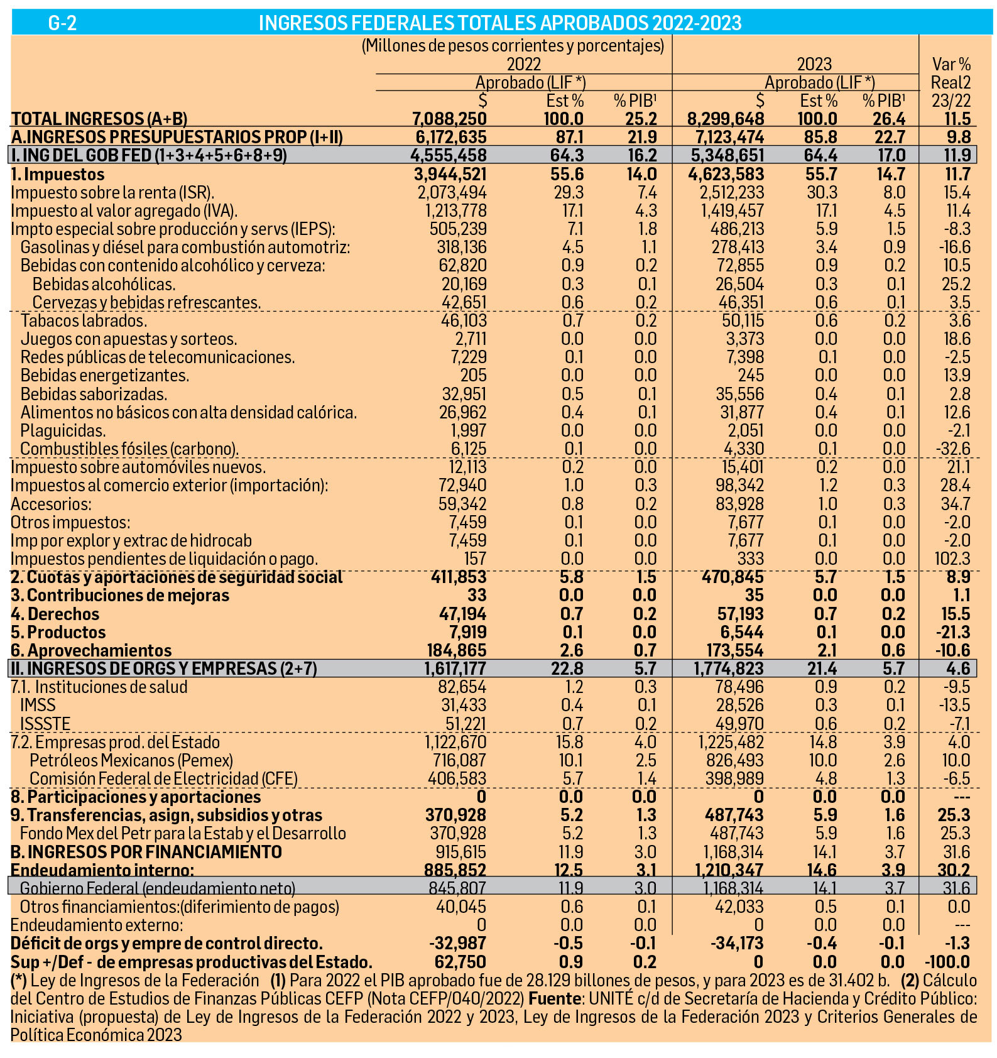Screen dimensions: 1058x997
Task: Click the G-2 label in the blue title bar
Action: [62, 23]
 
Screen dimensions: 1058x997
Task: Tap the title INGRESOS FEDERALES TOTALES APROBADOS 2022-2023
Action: [500, 23]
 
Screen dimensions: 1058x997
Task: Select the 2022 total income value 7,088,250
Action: [449, 119]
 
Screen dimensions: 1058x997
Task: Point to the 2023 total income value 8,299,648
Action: [726, 119]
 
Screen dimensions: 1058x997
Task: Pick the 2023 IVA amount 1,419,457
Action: [733, 210]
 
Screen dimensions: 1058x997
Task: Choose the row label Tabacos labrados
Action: [84, 320]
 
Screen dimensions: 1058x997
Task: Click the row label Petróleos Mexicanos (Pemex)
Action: [131, 760]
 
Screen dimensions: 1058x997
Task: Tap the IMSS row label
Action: [38, 705]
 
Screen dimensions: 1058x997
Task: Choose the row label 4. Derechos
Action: [55, 614]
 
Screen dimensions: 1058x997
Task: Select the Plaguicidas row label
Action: [63, 430]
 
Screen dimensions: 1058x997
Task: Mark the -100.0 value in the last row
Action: [949, 962]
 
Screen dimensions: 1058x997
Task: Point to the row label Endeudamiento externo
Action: [97, 925]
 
